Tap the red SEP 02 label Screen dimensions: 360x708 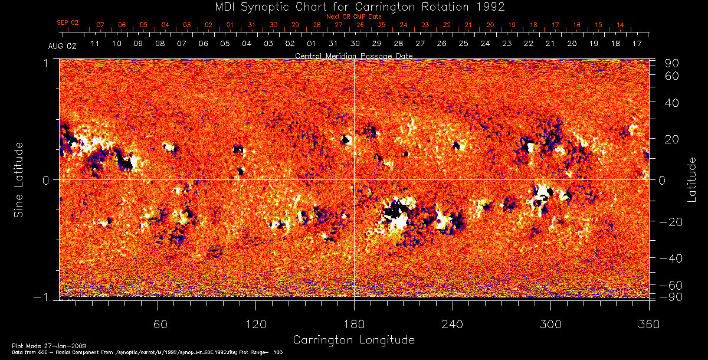tap(68, 22)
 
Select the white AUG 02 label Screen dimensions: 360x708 tap(60, 45)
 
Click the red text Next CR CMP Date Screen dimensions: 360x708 tap(353, 17)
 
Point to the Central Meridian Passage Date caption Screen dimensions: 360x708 tap(353, 55)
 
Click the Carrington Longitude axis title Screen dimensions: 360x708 tap(353, 340)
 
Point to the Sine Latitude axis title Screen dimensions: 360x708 tap(19, 179)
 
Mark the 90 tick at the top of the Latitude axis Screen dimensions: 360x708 tap(673, 63)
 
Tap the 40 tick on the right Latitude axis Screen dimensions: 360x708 tap(673, 103)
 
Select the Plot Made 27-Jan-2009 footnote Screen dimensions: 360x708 tap(39, 345)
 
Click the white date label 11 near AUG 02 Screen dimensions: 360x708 tap(94, 44)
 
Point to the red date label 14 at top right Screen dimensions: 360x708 tap(620, 25)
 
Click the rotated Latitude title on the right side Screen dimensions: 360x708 tap(693, 179)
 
